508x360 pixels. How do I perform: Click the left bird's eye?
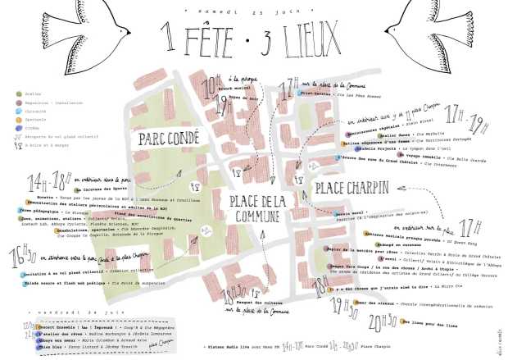pos(79,20)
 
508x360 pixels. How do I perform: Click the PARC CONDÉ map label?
pos(164,138)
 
